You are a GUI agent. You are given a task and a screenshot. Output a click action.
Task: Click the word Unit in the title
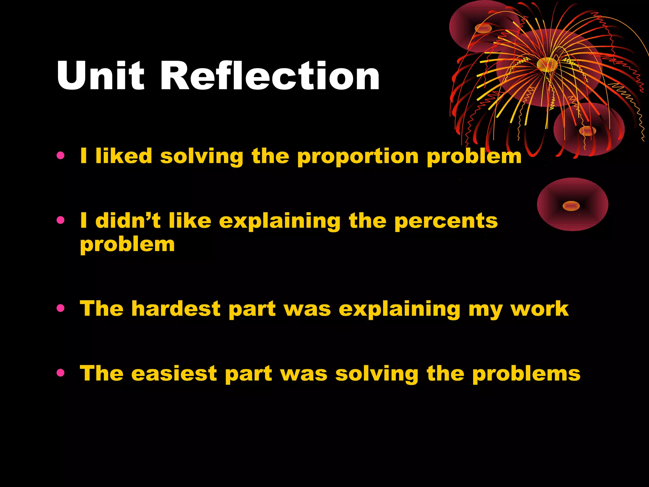[x=100, y=76]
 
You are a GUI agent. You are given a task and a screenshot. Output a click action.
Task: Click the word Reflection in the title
[x=270, y=76]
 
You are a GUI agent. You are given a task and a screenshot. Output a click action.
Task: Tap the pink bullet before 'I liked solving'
[x=61, y=156]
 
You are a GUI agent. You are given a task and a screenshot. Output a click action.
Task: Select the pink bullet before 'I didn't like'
[x=61, y=220]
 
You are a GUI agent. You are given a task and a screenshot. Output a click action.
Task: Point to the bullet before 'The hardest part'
[x=61, y=308]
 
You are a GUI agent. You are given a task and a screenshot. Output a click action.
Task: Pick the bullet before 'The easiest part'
[x=61, y=373]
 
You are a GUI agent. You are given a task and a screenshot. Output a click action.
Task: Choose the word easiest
[x=174, y=373]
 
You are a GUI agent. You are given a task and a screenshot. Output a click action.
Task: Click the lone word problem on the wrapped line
[x=127, y=245]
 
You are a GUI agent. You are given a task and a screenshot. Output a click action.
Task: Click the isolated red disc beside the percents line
[x=572, y=205]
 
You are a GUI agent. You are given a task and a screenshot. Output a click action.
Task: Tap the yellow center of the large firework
[x=547, y=64]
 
